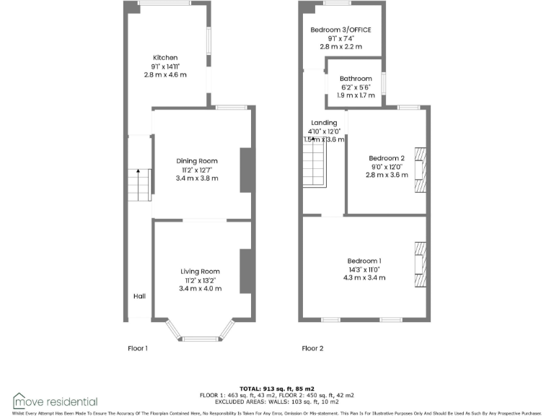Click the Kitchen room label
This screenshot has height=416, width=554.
[x=164, y=58]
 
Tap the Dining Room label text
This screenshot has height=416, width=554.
[x=197, y=161]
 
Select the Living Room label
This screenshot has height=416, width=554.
[x=200, y=272]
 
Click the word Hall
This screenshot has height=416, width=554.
[x=139, y=296]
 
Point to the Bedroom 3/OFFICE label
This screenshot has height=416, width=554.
[x=340, y=30]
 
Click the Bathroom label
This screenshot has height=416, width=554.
[x=356, y=79]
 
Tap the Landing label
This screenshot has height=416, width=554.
[x=324, y=123]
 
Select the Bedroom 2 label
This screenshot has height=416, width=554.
[x=386, y=158]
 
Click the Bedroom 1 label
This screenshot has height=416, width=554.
[x=364, y=261]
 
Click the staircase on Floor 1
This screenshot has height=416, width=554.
[x=139, y=185]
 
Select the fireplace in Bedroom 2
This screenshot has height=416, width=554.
[x=420, y=170]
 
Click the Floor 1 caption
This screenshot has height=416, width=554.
[x=138, y=348]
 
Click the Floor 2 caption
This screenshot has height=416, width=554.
[x=312, y=348]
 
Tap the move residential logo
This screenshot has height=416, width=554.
[x=55, y=401]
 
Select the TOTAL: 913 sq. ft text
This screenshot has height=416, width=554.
[x=277, y=389]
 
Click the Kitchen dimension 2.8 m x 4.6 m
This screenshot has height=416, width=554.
[x=164, y=74]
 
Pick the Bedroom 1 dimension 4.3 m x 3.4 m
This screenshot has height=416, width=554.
[x=364, y=277]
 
